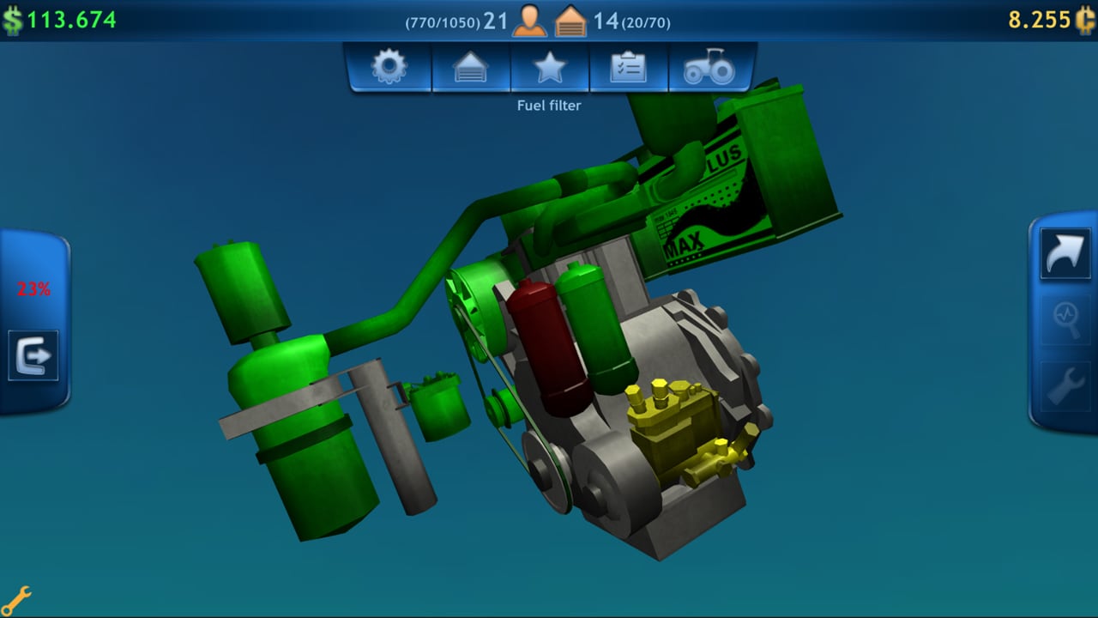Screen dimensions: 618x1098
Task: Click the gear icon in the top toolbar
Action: tap(389, 67)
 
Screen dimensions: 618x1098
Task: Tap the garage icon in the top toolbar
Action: tap(471, 67)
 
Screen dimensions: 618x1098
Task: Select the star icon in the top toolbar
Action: tap(550, 67)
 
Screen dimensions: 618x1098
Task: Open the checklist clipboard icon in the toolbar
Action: tap(629, 67)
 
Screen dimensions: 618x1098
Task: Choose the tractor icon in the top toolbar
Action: tap(709, 67)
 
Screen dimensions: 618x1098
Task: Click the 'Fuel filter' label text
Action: tap(549, 106)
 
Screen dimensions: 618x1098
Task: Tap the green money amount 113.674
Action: tap(71, 20)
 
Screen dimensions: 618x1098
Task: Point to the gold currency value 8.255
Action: tap(1039, 20)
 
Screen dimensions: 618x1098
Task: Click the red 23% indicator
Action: tap(33, 289)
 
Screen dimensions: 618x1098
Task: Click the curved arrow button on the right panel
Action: tap(1065, 254)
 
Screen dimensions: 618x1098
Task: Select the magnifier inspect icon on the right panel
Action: tap(1065, 320)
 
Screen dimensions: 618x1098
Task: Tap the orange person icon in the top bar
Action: tap(529, 21)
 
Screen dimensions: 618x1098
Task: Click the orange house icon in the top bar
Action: tap(570, 21)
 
